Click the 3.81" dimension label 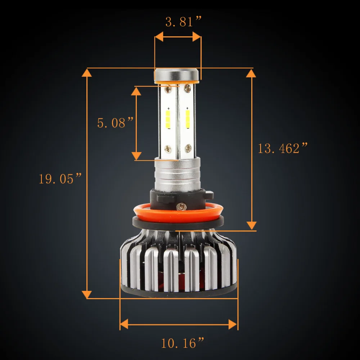click(183, 22)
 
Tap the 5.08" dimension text click(115, 122)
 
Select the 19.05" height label click(60, 179)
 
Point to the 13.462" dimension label click(283, 148)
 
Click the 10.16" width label click(183, 343)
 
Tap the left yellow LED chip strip click(168, 119)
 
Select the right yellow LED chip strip click(188, 119)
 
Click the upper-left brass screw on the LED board click(168, 89)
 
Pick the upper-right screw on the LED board click(188, 88)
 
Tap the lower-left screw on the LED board click(168, 149)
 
